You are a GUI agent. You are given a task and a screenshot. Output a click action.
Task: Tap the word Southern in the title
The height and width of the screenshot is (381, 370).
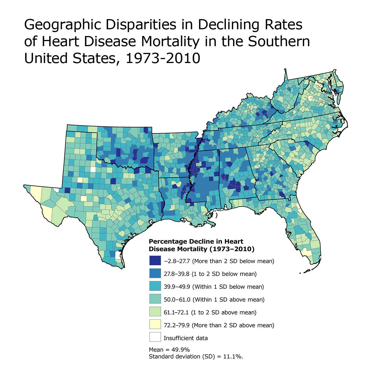pos(279,42)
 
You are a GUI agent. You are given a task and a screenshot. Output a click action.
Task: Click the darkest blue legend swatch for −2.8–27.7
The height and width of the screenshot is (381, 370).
pos(155,261)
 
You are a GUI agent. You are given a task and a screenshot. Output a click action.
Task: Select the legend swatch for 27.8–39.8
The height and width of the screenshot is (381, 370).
pos(155,274)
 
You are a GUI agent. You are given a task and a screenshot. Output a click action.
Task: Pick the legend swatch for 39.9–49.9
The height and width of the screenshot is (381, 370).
pos(155,286)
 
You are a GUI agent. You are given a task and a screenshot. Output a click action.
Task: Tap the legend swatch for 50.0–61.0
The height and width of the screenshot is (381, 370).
pos(155,299)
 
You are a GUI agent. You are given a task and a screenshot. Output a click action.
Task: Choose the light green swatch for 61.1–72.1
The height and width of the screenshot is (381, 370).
pos(155,312)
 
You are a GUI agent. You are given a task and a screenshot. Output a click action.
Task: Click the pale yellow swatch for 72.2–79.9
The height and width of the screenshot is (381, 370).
pos(155,325)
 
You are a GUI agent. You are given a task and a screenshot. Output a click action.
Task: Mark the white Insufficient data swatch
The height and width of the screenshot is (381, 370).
pos(155,338)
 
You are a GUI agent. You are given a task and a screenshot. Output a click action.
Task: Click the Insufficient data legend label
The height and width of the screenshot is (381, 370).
pos(186,338)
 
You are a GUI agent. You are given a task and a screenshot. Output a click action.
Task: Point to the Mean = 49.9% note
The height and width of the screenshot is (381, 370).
pos(169,350)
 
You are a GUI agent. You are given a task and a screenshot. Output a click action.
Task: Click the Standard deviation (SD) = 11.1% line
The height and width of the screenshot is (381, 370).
pos(196,357)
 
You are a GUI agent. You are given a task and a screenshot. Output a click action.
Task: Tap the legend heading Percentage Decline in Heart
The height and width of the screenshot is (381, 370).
pos(196,242)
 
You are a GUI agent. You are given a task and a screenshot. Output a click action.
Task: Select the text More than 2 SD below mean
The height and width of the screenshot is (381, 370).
pos(233,261)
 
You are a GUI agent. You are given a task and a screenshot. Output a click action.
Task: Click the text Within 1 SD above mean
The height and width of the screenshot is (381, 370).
pos(228,300)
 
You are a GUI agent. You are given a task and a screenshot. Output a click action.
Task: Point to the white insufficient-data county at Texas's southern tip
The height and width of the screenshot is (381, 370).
pos(118,255)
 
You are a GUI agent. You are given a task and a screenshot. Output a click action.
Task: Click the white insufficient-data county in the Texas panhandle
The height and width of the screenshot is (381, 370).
pos(93,169)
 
